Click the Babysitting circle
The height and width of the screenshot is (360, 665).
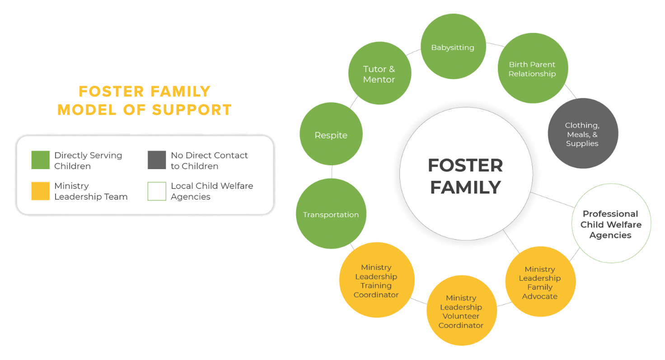[453, 47]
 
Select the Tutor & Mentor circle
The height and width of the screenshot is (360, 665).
[379, 74]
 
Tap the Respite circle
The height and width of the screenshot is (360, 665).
[331, 135]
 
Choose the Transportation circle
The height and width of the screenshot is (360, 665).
[331, 214]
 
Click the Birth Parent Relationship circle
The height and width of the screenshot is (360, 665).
[532, 69]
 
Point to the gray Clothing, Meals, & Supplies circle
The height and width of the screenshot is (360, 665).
[582, 134]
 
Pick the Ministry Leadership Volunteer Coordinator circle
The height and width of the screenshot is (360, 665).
[461, 311]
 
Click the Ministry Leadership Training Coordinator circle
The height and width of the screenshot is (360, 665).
[376, 281]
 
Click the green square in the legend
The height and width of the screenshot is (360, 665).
[40, 160]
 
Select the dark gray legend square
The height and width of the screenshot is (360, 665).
[156, 160]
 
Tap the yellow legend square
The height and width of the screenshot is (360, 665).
[40, 191]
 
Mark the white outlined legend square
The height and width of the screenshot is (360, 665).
[156, 191]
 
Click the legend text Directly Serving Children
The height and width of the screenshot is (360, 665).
[88, 160]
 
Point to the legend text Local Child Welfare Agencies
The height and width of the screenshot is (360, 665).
[211, 191]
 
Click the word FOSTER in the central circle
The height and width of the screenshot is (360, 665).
[465, 165]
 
